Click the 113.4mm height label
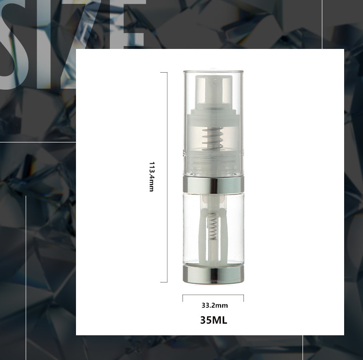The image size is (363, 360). coord(151,177)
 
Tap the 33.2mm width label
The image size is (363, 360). coord(214,305)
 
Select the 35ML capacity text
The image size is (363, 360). coord(213,320)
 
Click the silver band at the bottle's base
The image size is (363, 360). coord(213,274)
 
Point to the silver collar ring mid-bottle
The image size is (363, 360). coord(213,184)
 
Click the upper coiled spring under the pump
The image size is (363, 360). coord(212,140)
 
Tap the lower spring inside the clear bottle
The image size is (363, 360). coord(213,226)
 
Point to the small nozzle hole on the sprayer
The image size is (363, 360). coord(214,81)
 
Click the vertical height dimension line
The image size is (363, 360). coord(167,177)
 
